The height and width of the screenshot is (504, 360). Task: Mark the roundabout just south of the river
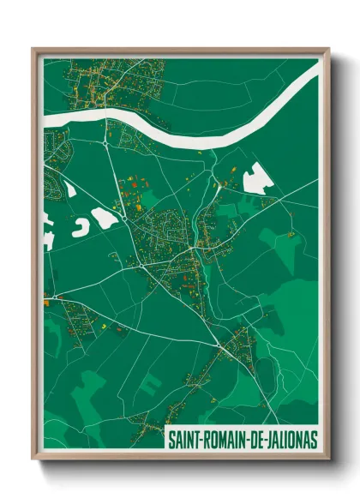click(x=106, y=144)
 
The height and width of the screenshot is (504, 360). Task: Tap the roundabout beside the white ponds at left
click(x=124, y=219)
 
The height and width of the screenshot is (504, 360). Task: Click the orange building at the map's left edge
click(x=46, y=299)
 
